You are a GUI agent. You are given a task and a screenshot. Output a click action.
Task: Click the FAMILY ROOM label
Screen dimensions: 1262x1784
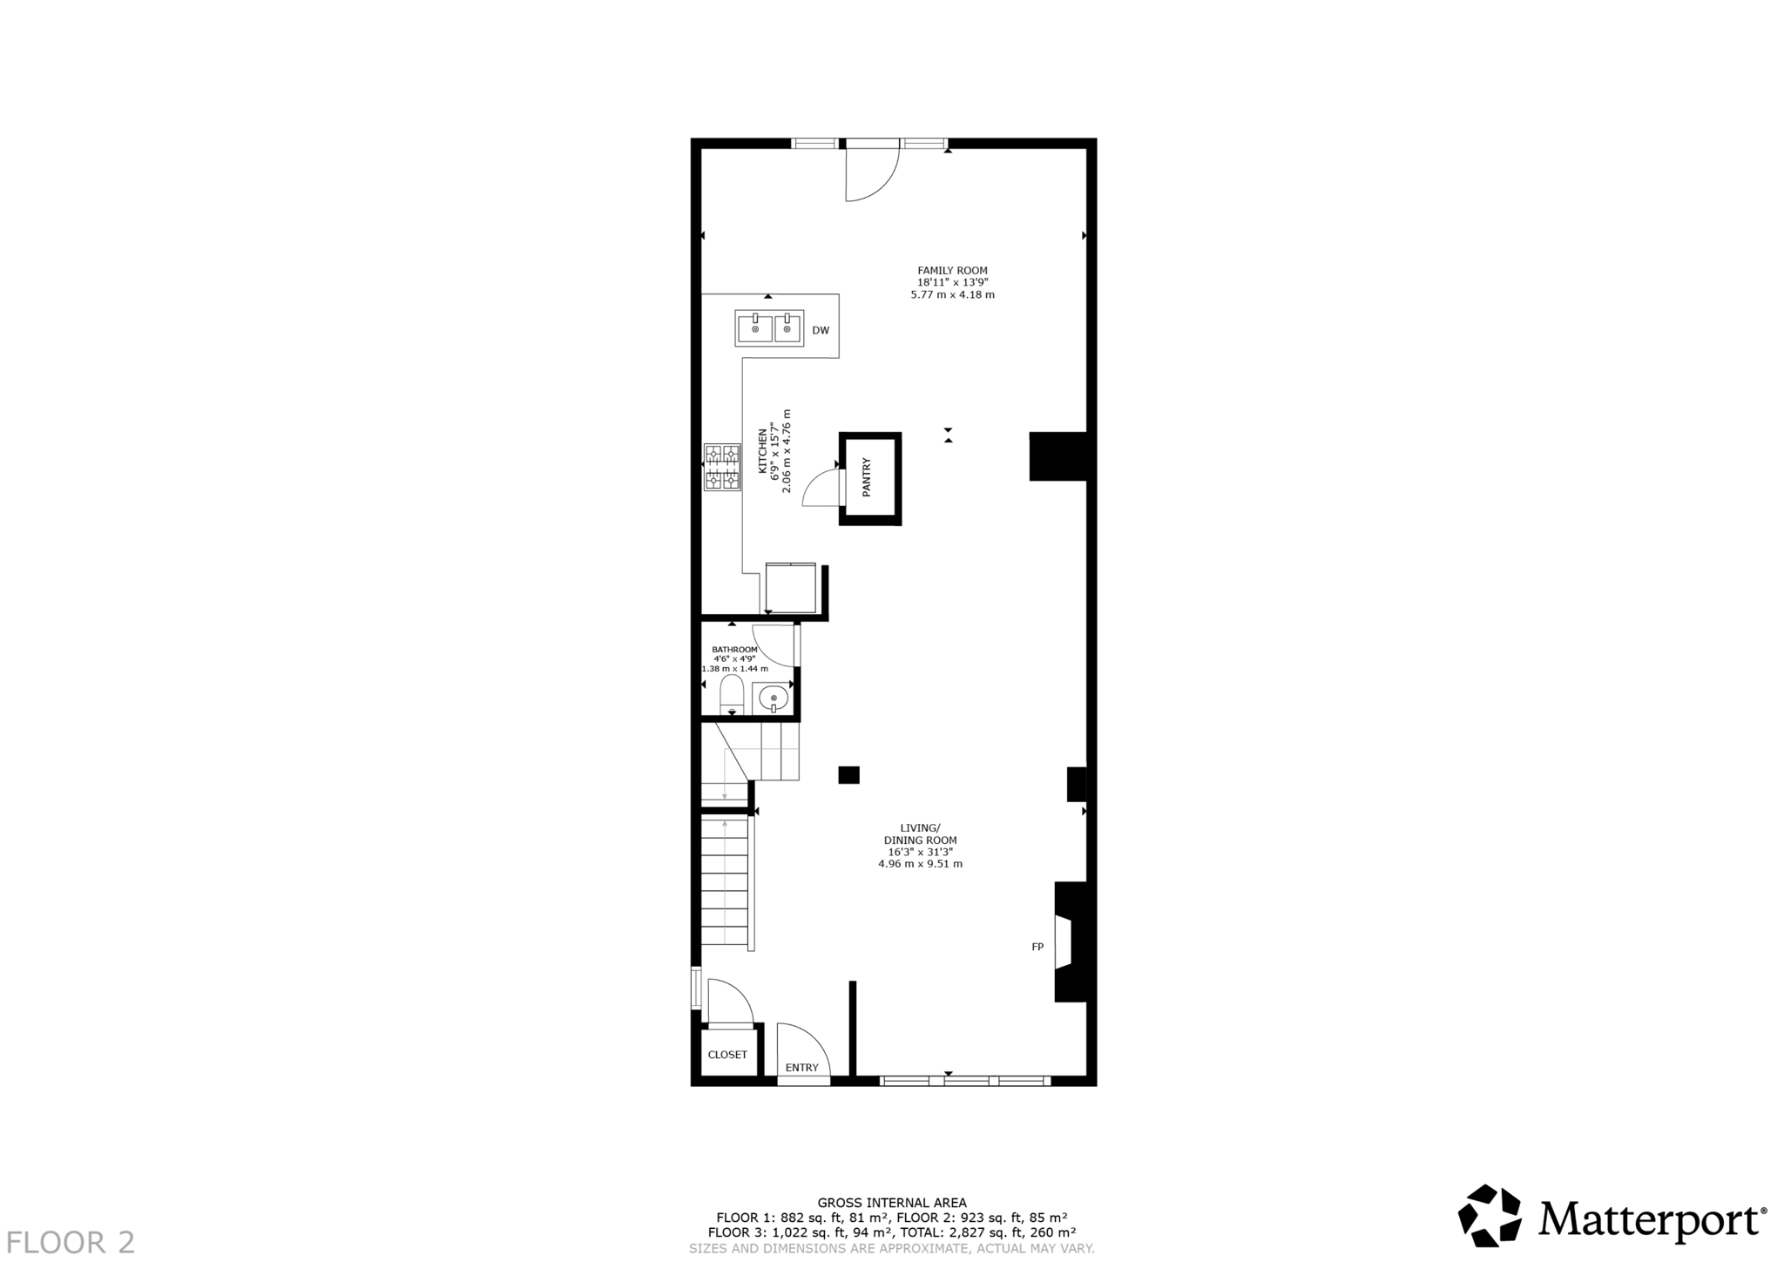(952, 271)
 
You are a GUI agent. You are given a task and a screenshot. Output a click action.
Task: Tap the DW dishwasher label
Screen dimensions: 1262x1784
(820, 331)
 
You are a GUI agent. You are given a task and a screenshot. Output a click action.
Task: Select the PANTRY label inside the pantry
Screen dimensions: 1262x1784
(867, 477)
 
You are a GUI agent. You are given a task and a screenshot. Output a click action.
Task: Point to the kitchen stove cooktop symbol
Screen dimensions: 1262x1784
(722, 467)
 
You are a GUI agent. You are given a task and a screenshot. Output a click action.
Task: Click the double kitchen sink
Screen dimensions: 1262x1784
(769, 328)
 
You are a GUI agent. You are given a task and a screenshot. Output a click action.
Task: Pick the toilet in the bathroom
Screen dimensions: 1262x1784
(731, 694)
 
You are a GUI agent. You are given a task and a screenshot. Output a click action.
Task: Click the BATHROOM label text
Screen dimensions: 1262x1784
(734, 650)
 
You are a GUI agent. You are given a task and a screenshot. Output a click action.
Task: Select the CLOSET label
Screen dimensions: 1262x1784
(727, 1055)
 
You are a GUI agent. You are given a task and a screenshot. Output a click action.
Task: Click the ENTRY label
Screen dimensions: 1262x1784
(801, 1068)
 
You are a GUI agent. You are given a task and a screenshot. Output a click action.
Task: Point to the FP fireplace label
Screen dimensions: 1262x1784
(1037, 947)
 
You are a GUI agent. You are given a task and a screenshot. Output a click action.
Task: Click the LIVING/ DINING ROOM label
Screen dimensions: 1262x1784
(920, 833)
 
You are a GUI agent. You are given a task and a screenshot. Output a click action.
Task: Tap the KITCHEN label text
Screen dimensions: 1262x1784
(762, 451)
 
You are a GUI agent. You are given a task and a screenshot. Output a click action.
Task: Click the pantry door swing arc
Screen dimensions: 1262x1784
(817, 488)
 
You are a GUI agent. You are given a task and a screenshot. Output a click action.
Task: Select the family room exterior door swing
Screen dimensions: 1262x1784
(871, 174)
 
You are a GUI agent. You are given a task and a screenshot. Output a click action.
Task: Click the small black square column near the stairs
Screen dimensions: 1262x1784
(848, 774)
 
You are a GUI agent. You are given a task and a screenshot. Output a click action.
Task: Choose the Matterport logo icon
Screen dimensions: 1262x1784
(1489, 1216)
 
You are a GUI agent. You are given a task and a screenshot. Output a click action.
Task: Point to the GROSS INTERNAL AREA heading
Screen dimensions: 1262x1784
(891, 1203)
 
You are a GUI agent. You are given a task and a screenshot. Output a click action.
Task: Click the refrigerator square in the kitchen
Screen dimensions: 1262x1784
(790, 588)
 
